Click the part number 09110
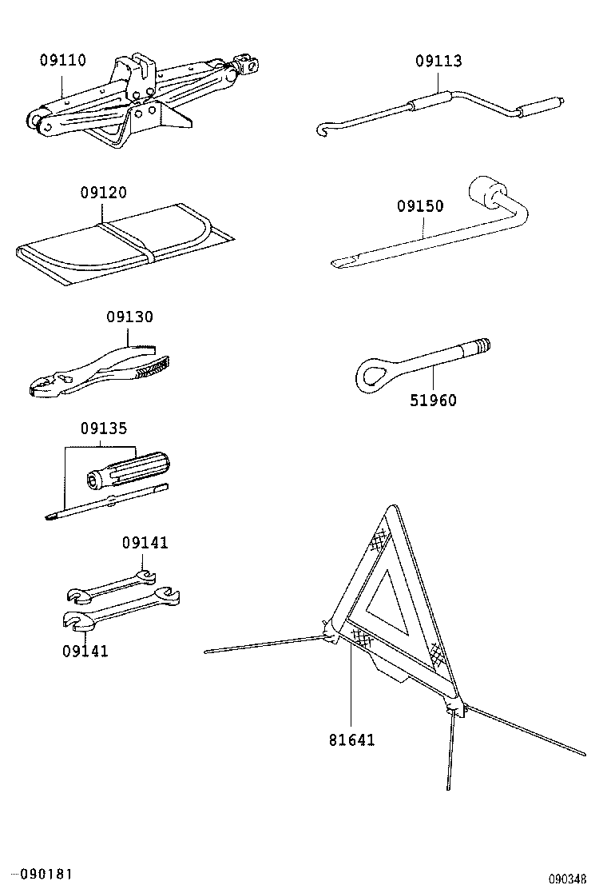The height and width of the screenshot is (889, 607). [x=63, y=61]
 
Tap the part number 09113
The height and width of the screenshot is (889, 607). [x=438, y=62]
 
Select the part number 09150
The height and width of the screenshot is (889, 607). [x=420, y=206]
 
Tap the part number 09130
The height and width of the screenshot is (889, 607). [x=129, y=317]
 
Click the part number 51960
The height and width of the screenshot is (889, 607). [x=434, y=400]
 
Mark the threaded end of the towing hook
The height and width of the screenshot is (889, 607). [x=481, y=347]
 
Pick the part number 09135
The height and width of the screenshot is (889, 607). [x=103, y=428]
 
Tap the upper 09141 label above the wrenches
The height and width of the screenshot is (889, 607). [x=145, y=543]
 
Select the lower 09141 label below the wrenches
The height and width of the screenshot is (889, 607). [x=85, y=651]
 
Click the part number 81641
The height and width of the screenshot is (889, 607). [x=351, y=740]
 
